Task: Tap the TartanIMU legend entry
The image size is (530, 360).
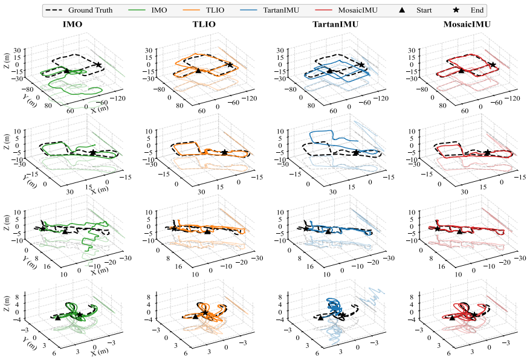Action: [270, 10]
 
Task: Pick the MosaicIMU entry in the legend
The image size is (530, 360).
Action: [346, 10]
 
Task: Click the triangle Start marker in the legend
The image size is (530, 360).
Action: [402, 10]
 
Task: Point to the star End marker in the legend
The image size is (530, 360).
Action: [456, 10]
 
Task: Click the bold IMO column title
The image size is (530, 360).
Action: [73, 24]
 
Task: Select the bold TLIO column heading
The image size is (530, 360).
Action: [204, 24]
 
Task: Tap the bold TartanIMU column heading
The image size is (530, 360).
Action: [335, 24]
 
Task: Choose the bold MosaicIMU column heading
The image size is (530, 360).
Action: [467, 24]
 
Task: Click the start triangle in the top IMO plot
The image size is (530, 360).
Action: [66, 71]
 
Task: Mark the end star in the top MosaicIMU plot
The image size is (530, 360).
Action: [493, 65]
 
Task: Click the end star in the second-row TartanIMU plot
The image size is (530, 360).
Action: [355, 153]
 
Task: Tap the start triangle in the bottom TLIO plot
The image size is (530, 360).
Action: [195, 317]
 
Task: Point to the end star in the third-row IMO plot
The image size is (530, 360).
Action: [42, 229]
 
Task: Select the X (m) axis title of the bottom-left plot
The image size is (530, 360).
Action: [100, 352]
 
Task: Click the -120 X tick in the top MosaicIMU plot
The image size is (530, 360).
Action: [512, 98]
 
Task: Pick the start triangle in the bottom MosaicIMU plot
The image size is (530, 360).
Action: [452, 318]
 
